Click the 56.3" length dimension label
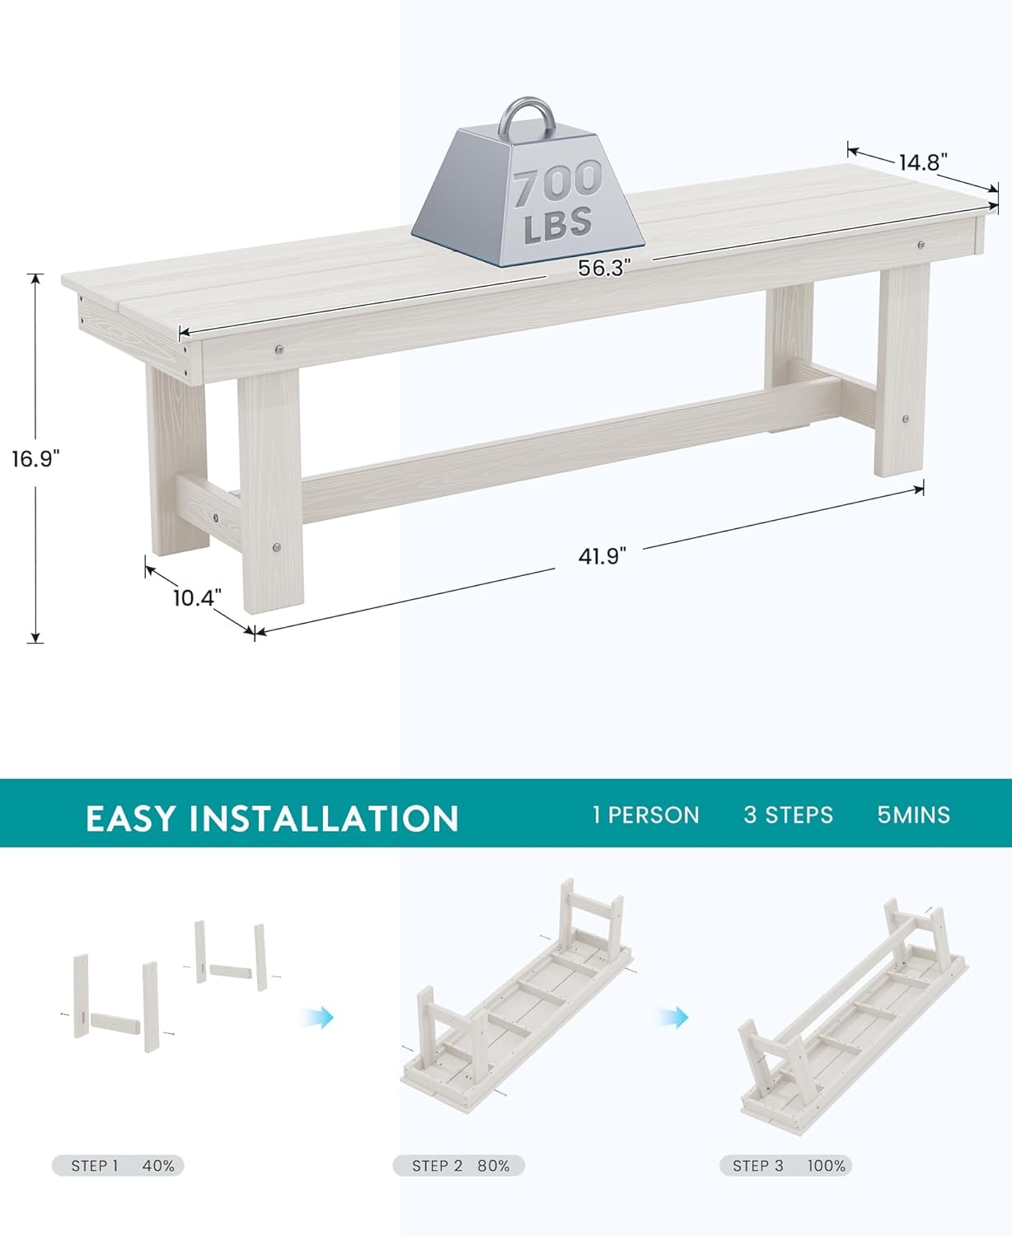pyautogui.click(x=603, y=268)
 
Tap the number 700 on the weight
pyautogui.click(x=558, y=184)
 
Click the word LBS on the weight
pyautogui.click(x=558, y=224)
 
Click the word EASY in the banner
pyautogui.click(x=131, y=818)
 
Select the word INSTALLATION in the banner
pyautogui.click(x=324, y=818)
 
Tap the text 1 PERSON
pyautogui.click(x=646, y=815)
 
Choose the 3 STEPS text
pyautogui.click(x=788, y=815)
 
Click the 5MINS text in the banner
pyautogui.click(x=913, y=815)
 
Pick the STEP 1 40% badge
pyautogui.click(x=118, y=1166)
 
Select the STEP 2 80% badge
pyautogui.click(x=459, y=1166)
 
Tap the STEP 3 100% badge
pyautogui.click(x=785, y=1166)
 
